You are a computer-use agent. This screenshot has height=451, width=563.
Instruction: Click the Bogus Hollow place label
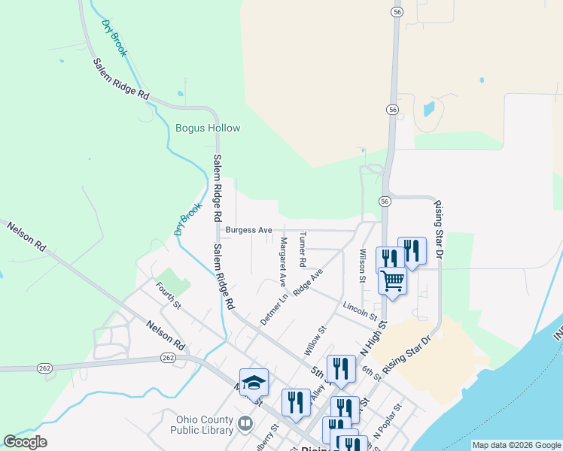click(x=208, y=128)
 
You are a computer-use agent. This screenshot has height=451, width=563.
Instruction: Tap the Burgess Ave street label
click(x=248, y=230)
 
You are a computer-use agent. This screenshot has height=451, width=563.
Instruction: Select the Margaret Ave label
click(x=283, y=262)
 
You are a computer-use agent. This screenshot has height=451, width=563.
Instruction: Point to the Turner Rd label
click(x=303, y=250)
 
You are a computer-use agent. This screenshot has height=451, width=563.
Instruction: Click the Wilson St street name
click(x=362, y=265)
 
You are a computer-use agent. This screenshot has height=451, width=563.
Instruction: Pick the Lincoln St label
click(x=359, y=307)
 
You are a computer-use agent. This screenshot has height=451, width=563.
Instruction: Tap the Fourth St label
click(x=169, y=295)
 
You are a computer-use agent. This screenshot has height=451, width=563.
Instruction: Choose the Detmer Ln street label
click(x=275, y=309)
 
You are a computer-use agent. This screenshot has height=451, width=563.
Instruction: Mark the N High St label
click(x=373, y=338)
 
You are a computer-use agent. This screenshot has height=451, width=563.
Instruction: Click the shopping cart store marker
click(x=392, y=281)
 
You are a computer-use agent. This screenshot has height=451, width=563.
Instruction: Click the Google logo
click(x=26, y=442)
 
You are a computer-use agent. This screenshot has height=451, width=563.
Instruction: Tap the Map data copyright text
click(x=516, y=445)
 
